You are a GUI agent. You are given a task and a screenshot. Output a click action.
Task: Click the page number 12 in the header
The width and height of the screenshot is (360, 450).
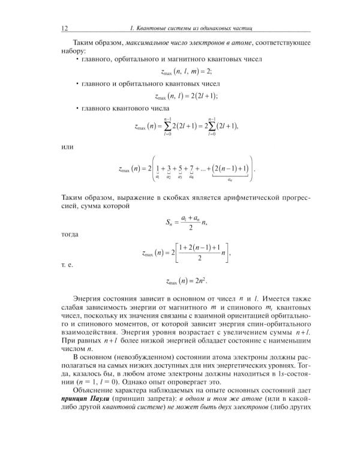[65, 28]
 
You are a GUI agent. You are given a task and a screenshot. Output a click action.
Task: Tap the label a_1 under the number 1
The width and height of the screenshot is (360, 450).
[157, 177]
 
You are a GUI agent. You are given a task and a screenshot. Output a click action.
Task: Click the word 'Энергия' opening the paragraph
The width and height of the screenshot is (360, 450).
[88, 298]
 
